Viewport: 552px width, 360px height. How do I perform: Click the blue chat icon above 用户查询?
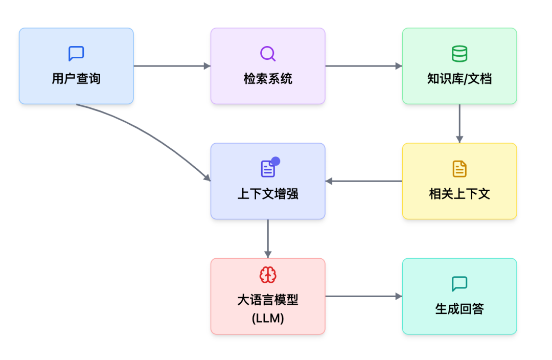(x=76, y=54)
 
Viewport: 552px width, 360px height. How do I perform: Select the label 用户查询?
(x=76, y=79)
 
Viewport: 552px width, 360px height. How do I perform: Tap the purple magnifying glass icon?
(x=268, y=54)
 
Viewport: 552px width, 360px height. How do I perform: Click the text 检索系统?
(x=268, y=79)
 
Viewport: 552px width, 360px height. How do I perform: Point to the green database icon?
(x=459, y=54)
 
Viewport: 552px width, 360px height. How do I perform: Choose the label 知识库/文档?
(x=459, y=79)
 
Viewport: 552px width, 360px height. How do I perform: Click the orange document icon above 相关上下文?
(x=459, y=169)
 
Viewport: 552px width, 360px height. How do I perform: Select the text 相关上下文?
(x=459, y=194)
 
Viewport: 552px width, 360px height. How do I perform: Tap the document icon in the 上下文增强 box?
(x=268, y=169)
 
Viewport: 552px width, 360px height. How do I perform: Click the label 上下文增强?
(x=268, y=194)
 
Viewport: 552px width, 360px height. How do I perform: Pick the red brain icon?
(x=268, y=275)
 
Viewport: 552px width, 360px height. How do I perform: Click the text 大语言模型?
(x=268, y=300)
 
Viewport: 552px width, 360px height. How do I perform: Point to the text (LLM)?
(x=268, y=318)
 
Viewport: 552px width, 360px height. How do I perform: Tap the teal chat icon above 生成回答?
(x=459, y=284)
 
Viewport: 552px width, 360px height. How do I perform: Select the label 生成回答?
(x=459, y=309)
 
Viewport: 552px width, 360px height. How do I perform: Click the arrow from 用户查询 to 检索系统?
(x=172, y=66)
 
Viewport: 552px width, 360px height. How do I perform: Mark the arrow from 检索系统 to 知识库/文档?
(x=363, y=66)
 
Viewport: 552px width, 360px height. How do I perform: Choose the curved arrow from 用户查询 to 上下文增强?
(x=153, y=132)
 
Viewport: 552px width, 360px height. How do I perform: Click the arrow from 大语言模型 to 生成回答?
(x=363, y=296)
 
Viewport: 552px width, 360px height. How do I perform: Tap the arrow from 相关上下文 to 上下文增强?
(x=363, y=181)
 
